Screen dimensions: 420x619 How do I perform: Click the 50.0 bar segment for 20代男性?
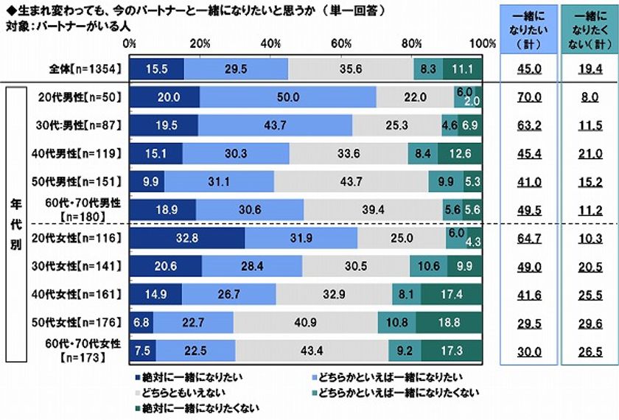coord(287,97)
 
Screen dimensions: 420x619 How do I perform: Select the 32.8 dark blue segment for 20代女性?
coord(186,237)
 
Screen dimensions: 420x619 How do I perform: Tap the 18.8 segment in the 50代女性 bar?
coord(450,321)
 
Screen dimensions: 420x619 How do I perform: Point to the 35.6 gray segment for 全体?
coord(351,68)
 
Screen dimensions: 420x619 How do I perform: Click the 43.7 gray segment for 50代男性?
coord(351,181)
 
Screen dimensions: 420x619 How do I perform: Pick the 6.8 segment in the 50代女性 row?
coord(140,321)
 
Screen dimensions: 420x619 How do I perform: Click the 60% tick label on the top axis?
coord(341,43)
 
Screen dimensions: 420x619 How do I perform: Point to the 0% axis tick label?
coord(130,43)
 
